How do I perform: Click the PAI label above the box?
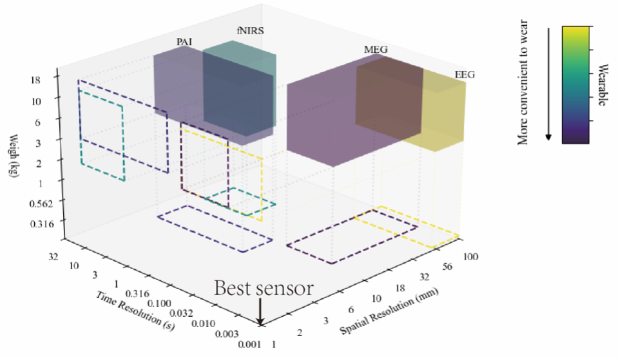coord(184,42)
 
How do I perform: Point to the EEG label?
coord(464,75)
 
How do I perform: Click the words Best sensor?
coord(264,288)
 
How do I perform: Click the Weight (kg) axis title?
coord(15,158)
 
